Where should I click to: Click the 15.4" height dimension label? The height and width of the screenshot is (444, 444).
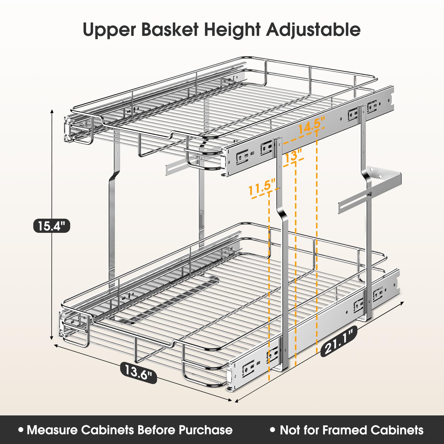coord(52,226)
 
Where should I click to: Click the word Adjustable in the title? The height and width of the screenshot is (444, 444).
coord(313,29)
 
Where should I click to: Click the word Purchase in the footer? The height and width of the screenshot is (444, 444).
coord(205,430)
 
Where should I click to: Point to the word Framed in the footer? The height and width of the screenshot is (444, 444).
coord(344,430)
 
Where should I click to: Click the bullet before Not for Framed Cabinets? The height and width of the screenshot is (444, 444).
coord(273,430)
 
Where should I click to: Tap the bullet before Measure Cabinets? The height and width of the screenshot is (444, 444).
coord(21,430)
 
